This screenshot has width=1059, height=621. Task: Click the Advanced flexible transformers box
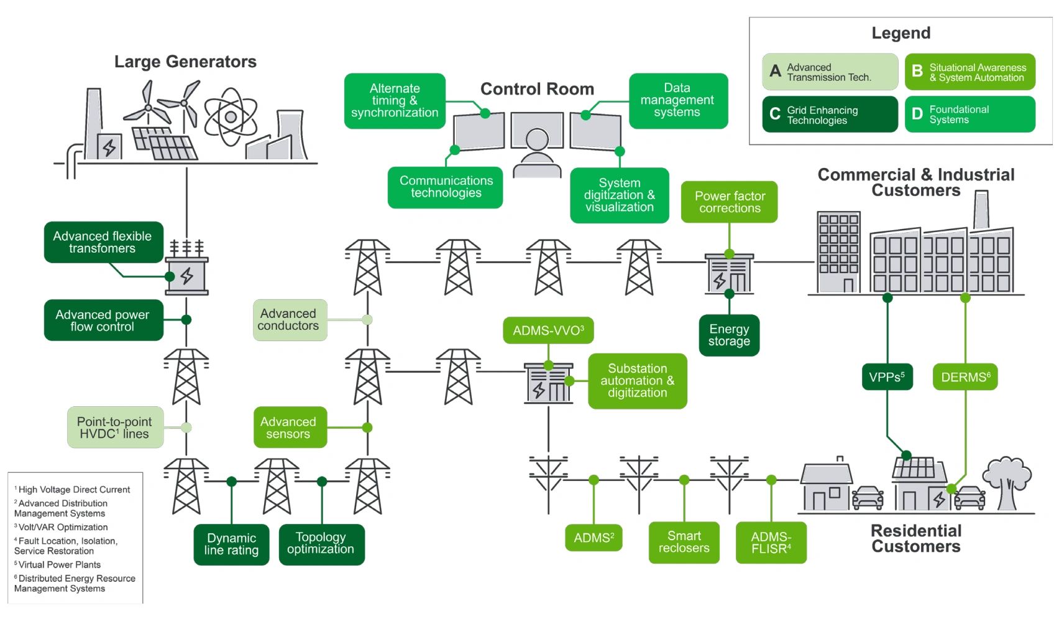point(103,242)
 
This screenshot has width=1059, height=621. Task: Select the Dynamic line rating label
point(231,544)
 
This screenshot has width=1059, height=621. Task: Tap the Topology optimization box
point(321,543)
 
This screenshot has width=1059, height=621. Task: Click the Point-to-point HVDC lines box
point(115,427)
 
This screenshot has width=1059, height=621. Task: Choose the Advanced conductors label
point(289,320)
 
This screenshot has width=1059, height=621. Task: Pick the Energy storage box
point(729,335)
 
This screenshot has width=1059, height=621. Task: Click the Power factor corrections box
point(729,202)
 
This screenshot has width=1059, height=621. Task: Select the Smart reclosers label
point(684,542)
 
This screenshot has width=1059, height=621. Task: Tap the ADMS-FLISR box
point(771,543)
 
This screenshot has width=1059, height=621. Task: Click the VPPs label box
point(887,377)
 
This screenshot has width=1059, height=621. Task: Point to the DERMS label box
point(965,377)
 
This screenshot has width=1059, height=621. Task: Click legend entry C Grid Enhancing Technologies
point(830,114)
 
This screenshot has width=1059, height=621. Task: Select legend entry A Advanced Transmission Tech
point(830,72)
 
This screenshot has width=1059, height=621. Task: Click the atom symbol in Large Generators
point(231,116)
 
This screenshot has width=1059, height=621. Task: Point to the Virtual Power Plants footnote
point(58,564)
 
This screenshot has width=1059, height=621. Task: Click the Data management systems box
point(677,100)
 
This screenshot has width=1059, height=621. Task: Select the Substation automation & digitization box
point(637,381)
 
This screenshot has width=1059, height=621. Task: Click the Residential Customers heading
point(915,538)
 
